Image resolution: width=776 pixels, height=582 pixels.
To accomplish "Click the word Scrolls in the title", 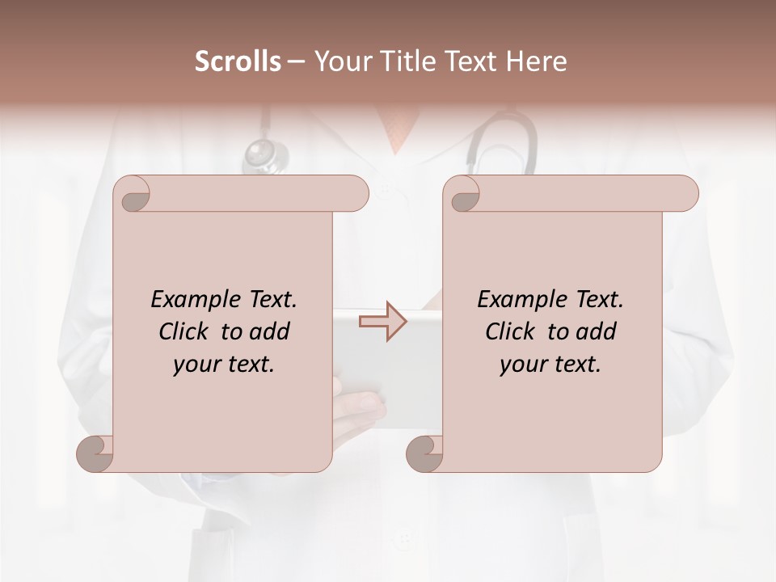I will pyautogui.click(x=238, y=61).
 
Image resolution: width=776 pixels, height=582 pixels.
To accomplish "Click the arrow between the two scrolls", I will pyautogui.click(x=383, y=322).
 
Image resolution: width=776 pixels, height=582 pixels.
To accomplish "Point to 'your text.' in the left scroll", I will pyautogui.click(x=224, y=364).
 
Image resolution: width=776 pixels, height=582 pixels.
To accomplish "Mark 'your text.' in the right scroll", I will pyautogui.click(x=550, y=364).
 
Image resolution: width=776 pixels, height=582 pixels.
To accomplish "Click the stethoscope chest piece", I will pyautogui.click(x=265, y=153).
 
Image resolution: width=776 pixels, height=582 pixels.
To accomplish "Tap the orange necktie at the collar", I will pyautogui.click(x=397, y=129).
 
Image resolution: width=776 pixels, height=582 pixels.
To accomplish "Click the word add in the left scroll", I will pyautogui.click(x=269, y=331).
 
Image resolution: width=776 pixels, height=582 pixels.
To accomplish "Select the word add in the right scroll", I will pyautogui.click(x=596, y=331).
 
